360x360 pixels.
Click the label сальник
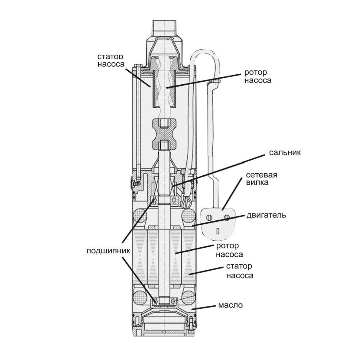tap(285, 153)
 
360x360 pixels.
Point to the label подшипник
tap(108, 251)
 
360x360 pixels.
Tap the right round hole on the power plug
tap(227, 218)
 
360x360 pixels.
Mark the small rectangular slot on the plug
tap(218, 231)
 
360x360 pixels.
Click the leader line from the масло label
tap(205, 308)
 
